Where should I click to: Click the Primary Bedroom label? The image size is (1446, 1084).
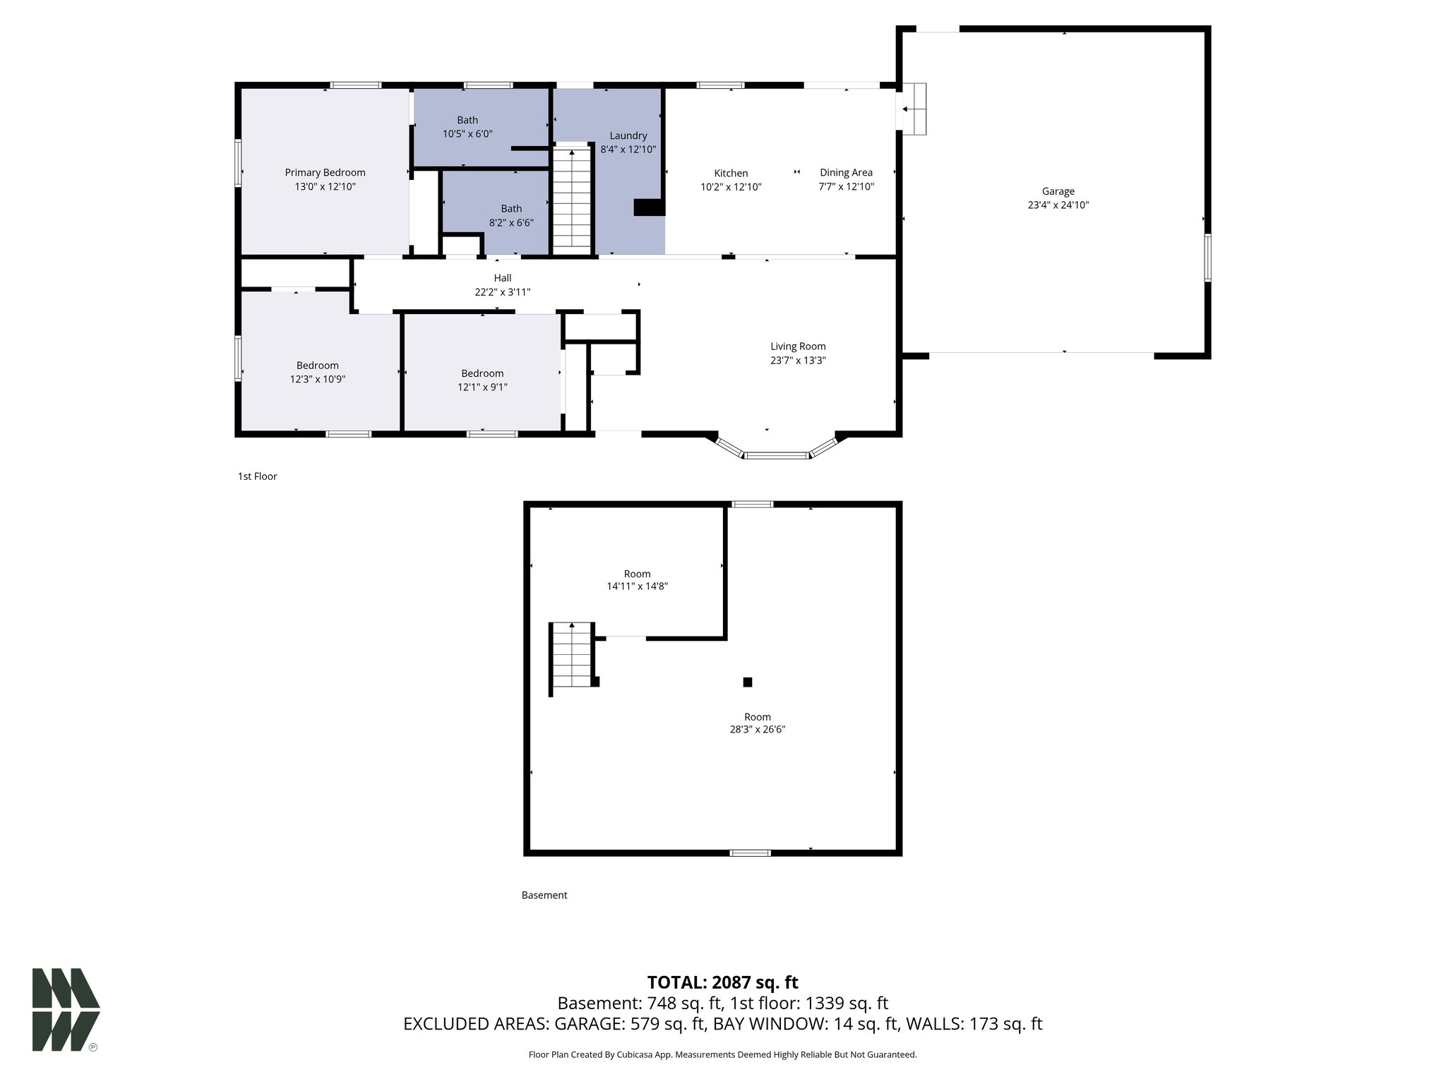click(325, 172)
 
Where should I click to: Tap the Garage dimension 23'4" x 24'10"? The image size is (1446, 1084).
click(1058, 205)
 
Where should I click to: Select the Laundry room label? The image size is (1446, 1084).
click(628, 135)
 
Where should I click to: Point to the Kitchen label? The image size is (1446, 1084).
click(731, 173)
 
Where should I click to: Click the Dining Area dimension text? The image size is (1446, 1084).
click(846, 187)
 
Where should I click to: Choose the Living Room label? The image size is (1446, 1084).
click(798, 347)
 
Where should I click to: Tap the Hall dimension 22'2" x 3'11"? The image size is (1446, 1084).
click(502, 292)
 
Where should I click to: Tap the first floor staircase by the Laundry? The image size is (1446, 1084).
click(571, 198)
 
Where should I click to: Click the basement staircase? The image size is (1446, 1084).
click(572, 656)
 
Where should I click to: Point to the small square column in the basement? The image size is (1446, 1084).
click(748, 682)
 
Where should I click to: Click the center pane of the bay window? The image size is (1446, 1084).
click(777, 456)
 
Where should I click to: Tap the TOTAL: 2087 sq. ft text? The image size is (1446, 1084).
click(722, 982)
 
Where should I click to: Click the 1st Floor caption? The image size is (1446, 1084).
click(257, 476)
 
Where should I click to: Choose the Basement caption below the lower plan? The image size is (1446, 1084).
click(544, 895)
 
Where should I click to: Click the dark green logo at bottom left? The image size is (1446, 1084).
click(66, 1009)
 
